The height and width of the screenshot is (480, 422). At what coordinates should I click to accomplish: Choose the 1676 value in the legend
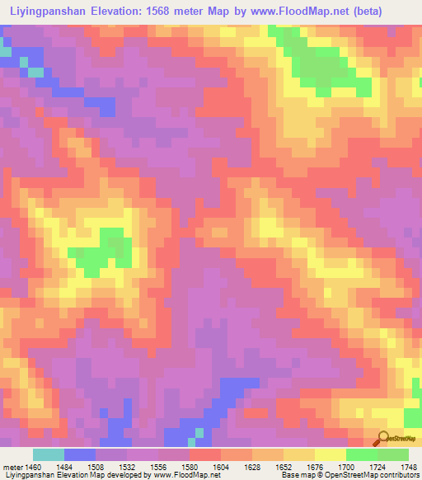[x=311, y=467]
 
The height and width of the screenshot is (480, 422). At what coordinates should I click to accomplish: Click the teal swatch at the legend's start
[x=48, y=454]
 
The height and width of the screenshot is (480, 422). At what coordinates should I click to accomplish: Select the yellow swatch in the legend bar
[x=330, y=454]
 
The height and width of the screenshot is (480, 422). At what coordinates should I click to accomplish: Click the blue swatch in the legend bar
[x=79, y=454]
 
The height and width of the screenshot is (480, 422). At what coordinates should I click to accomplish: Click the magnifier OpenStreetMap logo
[x=384, y=438]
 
